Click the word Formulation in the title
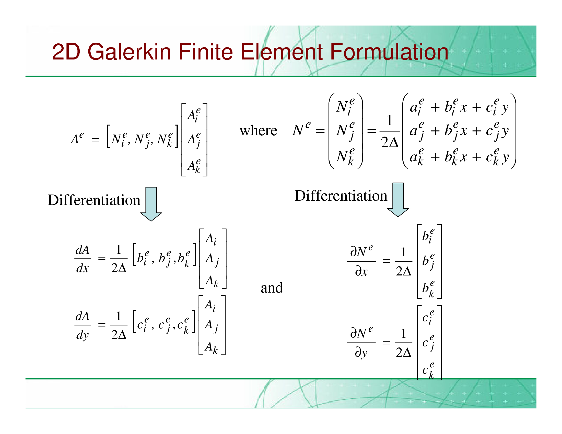[389, 52]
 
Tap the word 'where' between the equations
[258, 130]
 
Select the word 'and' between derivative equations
[272, 288]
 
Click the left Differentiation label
[94, 200]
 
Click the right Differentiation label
[341, 196]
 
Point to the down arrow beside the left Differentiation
[151, 204]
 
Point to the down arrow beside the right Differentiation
[398, 200]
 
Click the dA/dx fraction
[83, 259]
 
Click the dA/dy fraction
[83, 325]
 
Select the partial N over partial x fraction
[361, 261]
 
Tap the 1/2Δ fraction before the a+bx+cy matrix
[390, 131]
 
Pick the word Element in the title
[282, 52]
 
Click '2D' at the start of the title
[66, 52]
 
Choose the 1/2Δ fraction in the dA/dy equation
[119, 325]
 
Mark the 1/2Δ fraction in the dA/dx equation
[119, 259]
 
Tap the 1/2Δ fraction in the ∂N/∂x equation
[403, 261]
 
